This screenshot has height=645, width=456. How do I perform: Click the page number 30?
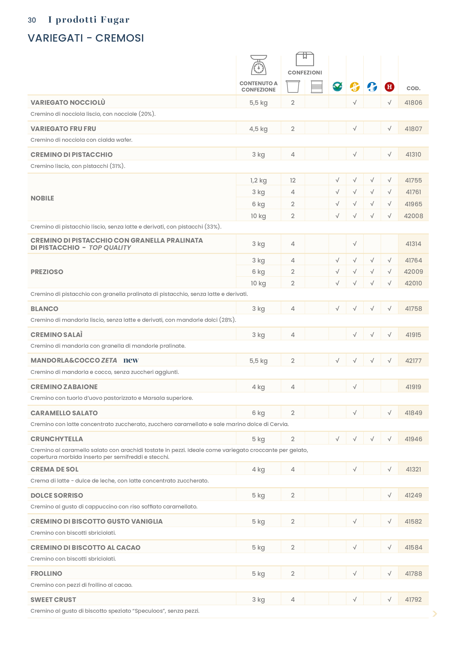coord(32,20)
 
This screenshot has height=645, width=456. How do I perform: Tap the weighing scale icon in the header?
coord(258,65)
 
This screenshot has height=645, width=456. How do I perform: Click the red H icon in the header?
coord(389,87)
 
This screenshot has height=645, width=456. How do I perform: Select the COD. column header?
coord(413,88)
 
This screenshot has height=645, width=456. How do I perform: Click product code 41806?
coord(413,103)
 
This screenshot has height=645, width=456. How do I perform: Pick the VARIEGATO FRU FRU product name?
coord(63,129)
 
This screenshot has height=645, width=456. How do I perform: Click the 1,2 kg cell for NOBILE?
coord(258,180)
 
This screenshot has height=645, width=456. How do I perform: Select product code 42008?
coord(413,216)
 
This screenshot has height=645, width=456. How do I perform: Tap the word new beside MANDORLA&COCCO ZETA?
coord(131,360)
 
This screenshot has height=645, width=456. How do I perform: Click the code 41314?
coord(413,244)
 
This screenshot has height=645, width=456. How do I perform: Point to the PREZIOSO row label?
coord(47,272)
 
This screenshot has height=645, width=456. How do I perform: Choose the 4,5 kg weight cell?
coord(258,129)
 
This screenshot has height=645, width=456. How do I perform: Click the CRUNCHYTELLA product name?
coord(57,439)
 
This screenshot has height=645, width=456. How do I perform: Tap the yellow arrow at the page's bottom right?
coord(435,614)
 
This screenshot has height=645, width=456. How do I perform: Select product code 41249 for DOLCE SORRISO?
coord(413,495)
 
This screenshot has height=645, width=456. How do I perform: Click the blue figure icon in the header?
coord(372,87)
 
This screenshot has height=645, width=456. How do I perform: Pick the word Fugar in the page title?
coord(115,20)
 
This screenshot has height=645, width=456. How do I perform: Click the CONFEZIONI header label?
coord(305,73)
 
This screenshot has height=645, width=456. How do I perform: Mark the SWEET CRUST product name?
coord(53,599)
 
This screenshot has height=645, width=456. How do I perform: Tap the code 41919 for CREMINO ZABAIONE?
coord(413,387)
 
